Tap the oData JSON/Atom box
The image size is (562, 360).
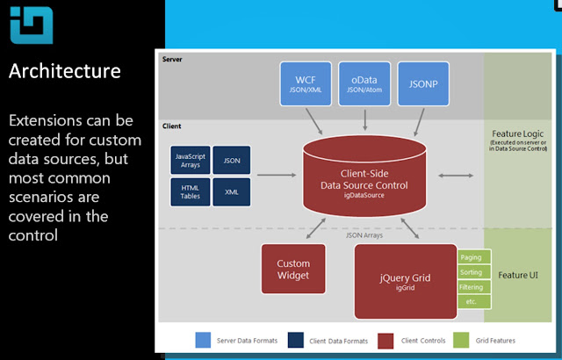[x=364, y=83]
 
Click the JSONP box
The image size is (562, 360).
[x=423, y=83]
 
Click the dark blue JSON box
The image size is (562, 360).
[x=232, y=161]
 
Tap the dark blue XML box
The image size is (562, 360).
[x=232, y=191]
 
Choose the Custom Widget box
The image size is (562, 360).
[x=293, y=269]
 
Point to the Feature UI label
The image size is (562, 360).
[x=518, y=276]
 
